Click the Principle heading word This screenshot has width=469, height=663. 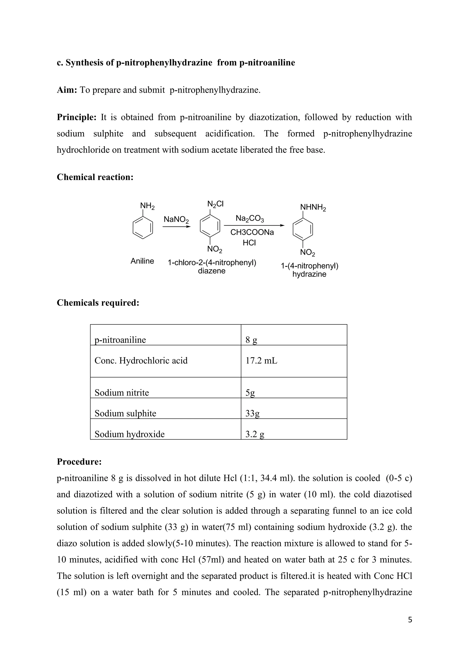coord(76,117)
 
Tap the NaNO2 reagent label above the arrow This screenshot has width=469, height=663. coord(176,220)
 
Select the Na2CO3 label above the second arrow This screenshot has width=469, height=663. coord(250,218)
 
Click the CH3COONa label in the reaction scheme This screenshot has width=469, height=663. coord(252,232)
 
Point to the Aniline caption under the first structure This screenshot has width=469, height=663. coord(142,261)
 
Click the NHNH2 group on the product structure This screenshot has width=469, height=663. coord(313,207)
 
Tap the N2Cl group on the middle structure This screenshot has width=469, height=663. coord(215,204)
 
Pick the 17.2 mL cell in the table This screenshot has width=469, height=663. coord(261,361)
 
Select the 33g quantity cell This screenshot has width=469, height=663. coord(252,413)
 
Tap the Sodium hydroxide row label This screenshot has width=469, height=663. coord(129,434)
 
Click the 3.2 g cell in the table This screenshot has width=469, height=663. coord(254,434)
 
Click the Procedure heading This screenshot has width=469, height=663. coord(79,462)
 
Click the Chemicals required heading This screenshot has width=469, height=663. coord(98,303)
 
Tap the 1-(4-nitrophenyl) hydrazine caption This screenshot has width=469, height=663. coord(309,270)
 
